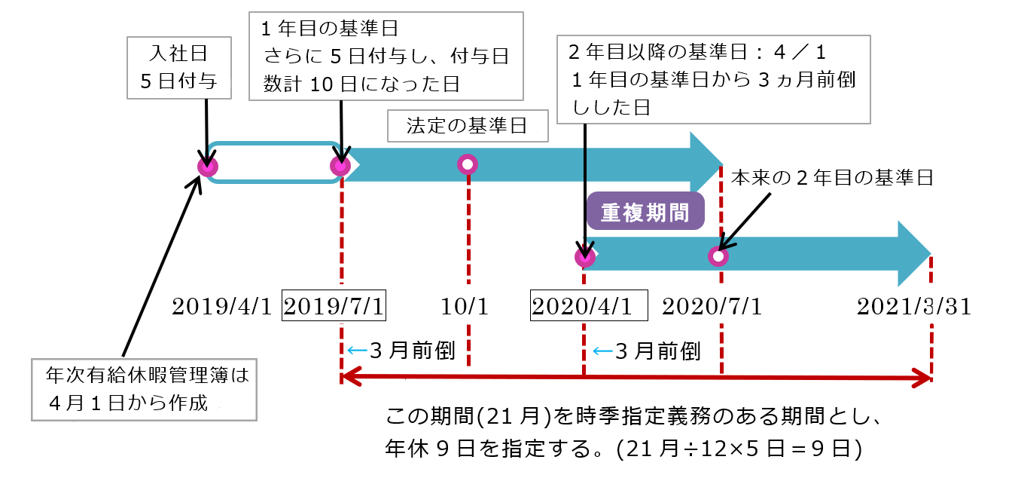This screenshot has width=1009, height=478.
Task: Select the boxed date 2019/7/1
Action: (334, 307)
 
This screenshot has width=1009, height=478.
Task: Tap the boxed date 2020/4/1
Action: (590, 307)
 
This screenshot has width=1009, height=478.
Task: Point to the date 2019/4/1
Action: (221, 307)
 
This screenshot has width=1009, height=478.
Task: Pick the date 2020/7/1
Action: (712, 307)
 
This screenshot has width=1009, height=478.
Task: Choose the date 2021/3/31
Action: (913, 307)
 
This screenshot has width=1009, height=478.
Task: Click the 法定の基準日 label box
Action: (467, 126)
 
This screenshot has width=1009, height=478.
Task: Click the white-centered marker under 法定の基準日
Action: (468, 164)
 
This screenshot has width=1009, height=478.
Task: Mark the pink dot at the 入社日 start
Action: (207, 167)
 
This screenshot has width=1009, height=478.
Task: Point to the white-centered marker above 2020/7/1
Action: (719, 257)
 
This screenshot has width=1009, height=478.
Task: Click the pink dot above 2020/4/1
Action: (585, 257)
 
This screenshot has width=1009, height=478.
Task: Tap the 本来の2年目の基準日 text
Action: (832, 179)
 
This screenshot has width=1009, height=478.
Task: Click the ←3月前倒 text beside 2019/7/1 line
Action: (401, 351)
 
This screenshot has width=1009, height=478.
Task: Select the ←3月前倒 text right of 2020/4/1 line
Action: (648, 351)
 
